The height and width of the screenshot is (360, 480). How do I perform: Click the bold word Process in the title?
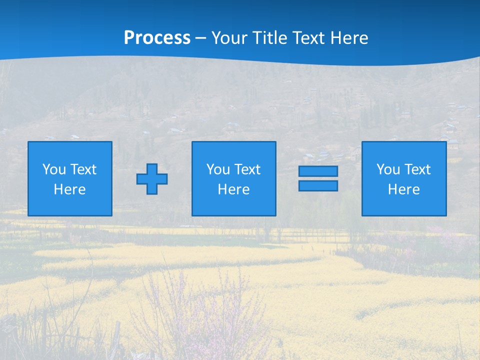pyautogui.click(x=157, y=38)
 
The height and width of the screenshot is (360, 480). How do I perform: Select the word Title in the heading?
pyautogui.click(x=269, y=38)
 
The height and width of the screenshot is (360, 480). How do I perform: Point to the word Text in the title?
pyautogui.click(x=308, y=38)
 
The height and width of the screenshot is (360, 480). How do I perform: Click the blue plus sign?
pyautogui.click(x=152, y=179)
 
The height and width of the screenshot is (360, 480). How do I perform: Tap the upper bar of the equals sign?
pyautogui.click(x=318, y=171)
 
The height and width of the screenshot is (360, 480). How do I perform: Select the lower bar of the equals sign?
pyautogui.click(x=318, y=185)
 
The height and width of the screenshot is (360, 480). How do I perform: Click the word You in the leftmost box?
pyautogui.click(x=54, y=169)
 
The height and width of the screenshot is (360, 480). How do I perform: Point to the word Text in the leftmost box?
pyautogui.click(x=83, y=169)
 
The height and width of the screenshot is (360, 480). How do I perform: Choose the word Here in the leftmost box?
pyautogui.click(x=69, y=189)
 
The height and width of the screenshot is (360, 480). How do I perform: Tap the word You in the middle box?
pyautogui.click(x=218, y=169)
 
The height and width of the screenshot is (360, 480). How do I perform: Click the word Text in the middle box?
pyautogui.click(x=247, y=169)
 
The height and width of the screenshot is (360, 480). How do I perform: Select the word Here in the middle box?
pyautogui.click(x=233, y=189)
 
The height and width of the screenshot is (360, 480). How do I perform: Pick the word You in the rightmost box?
pyautogui.click(x=388, y=169)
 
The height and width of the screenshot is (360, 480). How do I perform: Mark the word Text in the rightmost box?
pyautogui.click(x=417, y=169)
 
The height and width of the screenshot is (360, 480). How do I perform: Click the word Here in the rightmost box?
pyautogui.click(x=403, y=189)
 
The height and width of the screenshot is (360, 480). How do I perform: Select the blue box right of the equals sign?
pyautogui.click(x=404, y=205)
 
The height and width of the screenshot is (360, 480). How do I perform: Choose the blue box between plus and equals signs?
pyautogui.click(x=233, y=205)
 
